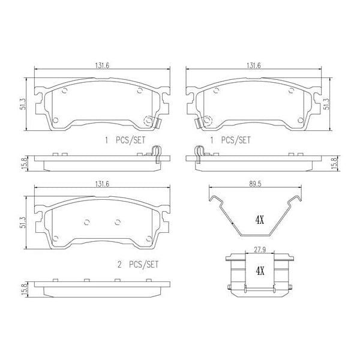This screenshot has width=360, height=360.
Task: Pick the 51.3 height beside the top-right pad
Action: (x=327, y=104)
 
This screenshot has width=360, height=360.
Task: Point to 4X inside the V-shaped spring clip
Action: (x=259, y=220)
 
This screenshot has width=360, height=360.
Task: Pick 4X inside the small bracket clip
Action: (x=260, y=271)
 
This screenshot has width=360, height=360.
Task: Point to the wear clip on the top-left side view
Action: (x=155, y=154)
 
